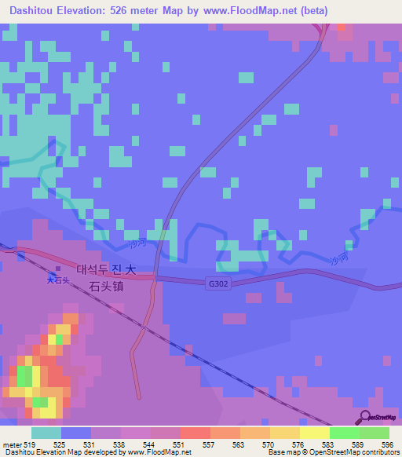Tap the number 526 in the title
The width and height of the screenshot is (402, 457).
[133, 11]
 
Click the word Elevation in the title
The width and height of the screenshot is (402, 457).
[90, 11]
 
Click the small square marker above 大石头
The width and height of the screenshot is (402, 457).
[57, 270]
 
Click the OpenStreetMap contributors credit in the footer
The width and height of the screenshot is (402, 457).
[342, 452]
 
